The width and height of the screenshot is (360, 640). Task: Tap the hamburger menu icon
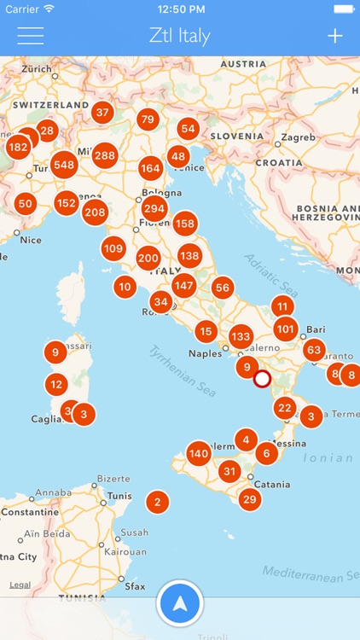coord(30,36)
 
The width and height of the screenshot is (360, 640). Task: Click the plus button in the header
coord(335,36)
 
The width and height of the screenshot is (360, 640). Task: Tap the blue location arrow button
coord(179,603)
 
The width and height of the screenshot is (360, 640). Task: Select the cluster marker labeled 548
coord(64,164)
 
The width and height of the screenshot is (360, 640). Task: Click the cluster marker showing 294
coord(154,208)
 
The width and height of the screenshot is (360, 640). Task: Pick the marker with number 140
coord(199,453)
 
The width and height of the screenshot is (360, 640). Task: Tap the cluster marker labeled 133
coord(241,336)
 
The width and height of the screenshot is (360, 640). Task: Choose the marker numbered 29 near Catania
coord(249,499)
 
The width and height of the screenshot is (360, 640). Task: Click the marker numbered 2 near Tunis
coord(156,502)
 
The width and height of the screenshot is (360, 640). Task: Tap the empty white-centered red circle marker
coord(262,378)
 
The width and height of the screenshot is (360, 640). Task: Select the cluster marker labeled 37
coord(102,112)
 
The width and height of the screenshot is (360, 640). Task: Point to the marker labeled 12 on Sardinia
coord(56,384)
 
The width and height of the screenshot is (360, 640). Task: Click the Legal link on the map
coord(20,585)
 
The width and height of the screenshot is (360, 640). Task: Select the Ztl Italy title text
coord(179,36)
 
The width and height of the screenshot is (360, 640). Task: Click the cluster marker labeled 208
coord(95,212)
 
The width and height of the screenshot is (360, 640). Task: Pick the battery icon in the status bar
coord(343,9)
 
